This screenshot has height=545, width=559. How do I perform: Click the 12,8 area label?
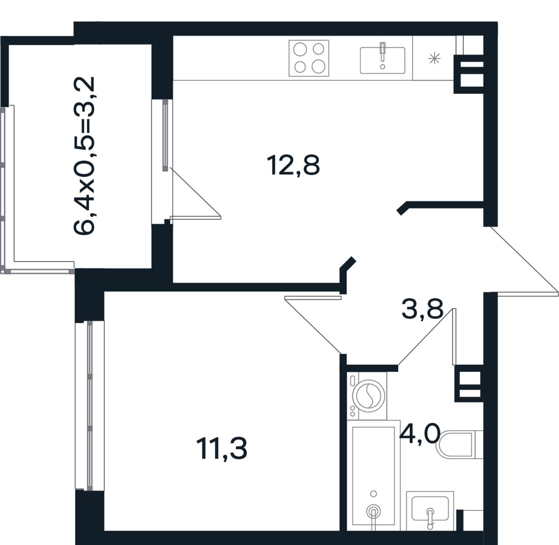coord(293,165)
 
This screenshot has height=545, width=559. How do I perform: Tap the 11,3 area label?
coord(221,449)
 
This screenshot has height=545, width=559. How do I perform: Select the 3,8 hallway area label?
coord(422,310)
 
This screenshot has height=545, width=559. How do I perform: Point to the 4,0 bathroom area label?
coord(420,434)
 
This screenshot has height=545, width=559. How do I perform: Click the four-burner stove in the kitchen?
coord(309,58)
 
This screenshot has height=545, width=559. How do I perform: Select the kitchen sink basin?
coord(382,60)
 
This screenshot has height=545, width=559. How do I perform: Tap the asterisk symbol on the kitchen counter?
coord(434,59)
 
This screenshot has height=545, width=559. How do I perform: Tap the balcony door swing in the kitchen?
coord(196,193)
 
